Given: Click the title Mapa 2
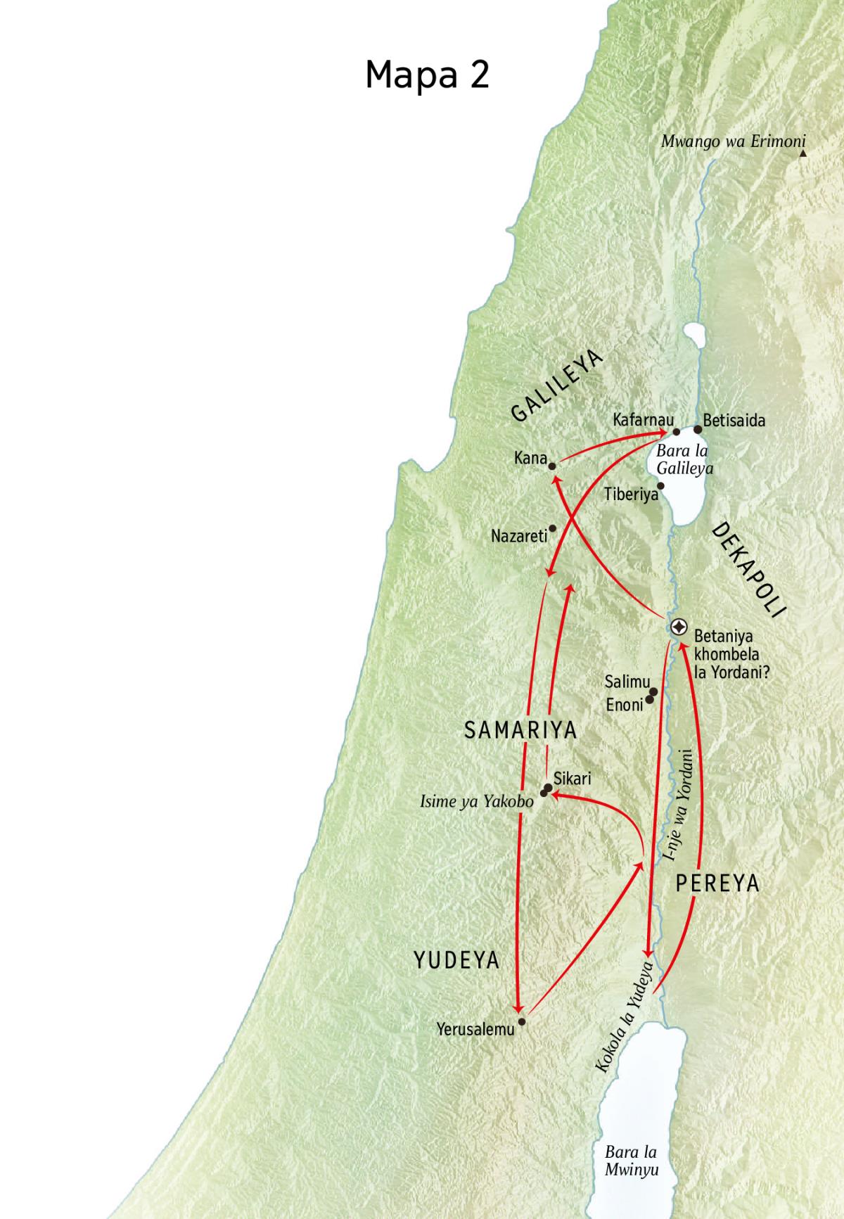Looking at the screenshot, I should coord(427,75).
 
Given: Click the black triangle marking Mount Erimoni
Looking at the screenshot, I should coord(803,153).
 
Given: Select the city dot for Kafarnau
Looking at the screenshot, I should coord(677,432).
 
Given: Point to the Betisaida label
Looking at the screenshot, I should coord(734,421).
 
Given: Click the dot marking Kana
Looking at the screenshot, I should coord(552,466).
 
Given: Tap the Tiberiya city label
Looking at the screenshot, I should coord(631,495).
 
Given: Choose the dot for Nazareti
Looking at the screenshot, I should coord(553,528).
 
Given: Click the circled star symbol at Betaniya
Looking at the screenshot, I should coord(679,627).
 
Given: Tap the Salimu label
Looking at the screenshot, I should coord(627,682).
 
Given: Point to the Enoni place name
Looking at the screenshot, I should coord(625,704).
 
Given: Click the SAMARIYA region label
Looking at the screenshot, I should coord(520,730).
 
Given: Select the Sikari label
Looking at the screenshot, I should coord(573,779).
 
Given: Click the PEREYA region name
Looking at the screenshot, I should coord(717,883).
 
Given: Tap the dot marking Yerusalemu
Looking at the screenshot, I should coord(521,1021).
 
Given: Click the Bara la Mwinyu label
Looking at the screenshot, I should coord(632,1161).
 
